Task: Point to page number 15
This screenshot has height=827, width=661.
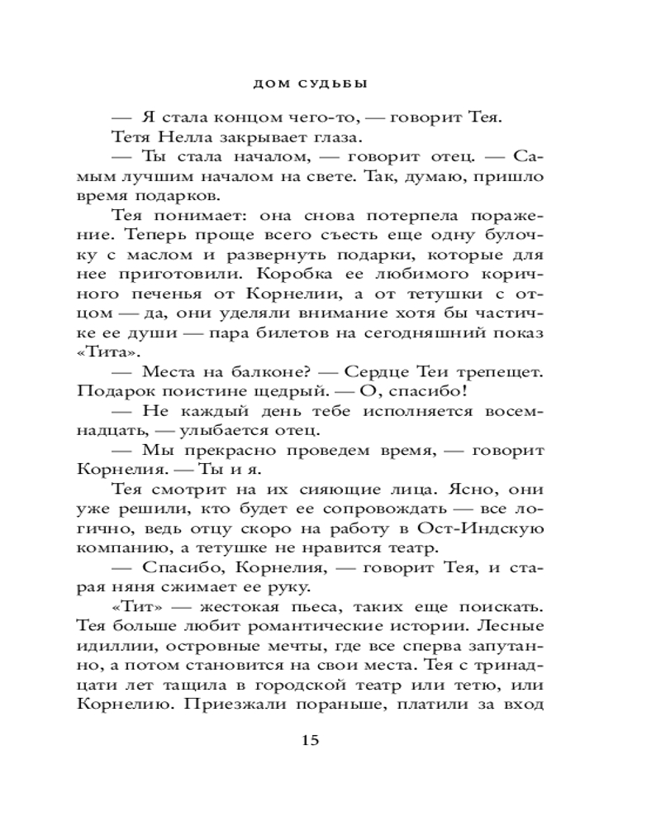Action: pos(310,739)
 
